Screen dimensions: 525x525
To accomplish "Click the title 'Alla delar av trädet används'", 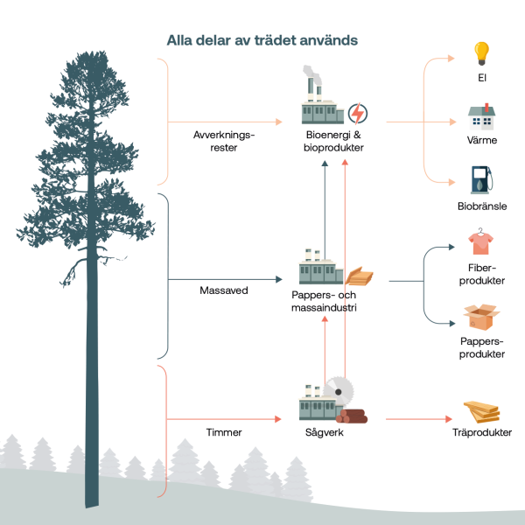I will point(262,40).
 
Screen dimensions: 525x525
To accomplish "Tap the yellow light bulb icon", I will point(480,54).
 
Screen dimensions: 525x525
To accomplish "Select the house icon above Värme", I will point(480,117).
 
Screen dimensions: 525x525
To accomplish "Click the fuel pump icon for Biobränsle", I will point(480,180).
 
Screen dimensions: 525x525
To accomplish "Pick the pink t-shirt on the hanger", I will point(479,242).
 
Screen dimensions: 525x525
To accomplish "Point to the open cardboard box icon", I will point(480,318).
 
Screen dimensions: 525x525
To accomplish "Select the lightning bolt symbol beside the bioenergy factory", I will point(358,113).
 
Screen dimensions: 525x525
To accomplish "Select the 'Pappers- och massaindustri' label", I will point(327,302).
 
